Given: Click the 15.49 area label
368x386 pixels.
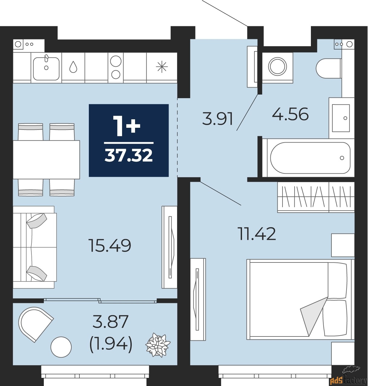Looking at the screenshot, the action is point(110,246).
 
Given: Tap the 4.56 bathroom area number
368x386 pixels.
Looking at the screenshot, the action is point(290,114).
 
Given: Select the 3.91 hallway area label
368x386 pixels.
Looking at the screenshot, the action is point(218,119).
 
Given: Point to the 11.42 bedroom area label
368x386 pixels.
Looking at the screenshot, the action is point(257,234).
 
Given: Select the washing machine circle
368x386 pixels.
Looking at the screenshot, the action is point(277,66).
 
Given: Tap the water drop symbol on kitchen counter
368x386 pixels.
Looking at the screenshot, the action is point(73,66).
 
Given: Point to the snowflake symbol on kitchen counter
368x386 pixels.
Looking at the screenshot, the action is point(162,66).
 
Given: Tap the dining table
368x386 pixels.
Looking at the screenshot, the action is point(46,159).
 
